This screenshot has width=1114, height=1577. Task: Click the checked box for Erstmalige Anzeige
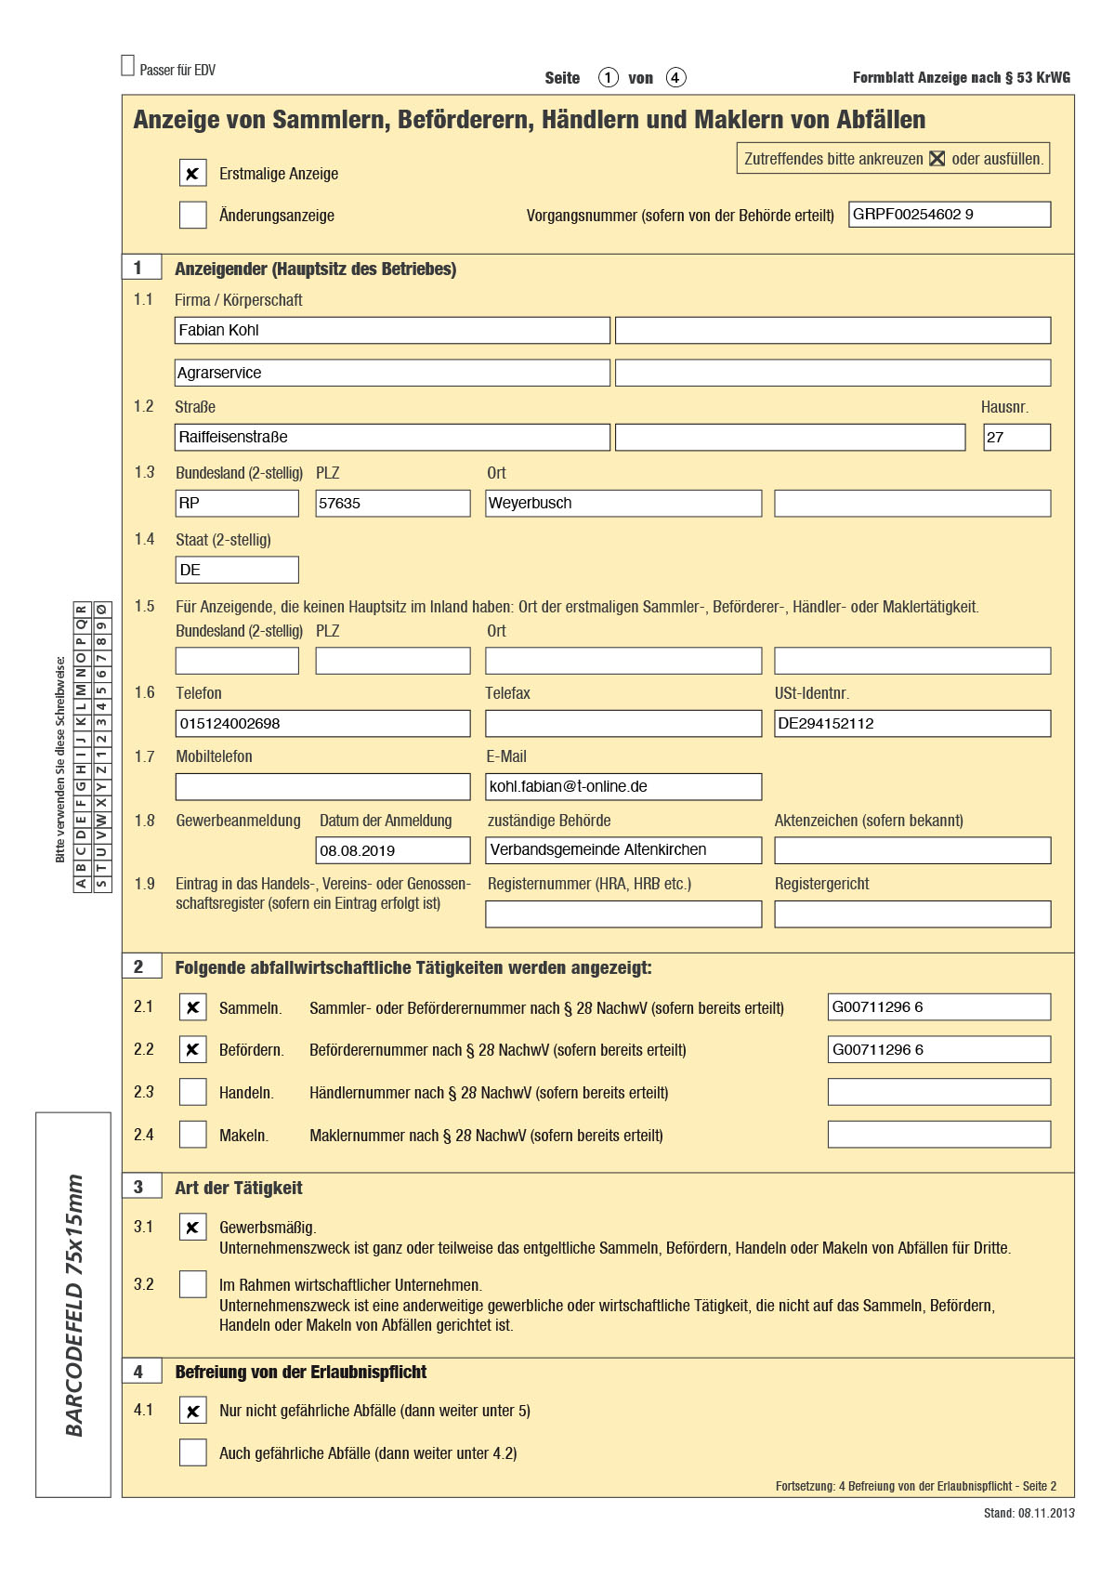192,174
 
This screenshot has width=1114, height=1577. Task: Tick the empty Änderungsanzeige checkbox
192,216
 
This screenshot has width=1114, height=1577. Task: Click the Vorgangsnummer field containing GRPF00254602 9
949,215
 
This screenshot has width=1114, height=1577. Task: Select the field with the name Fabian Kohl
392,331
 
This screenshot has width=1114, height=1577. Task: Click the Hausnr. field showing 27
1016,438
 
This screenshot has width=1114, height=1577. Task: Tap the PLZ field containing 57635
392,504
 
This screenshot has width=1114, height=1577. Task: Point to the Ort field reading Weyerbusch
623,504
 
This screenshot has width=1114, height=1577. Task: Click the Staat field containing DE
237,571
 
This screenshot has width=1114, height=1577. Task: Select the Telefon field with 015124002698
322,724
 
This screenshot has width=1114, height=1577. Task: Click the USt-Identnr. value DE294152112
911,724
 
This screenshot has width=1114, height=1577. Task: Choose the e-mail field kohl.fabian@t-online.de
623,787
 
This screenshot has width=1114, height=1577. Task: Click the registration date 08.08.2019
392,851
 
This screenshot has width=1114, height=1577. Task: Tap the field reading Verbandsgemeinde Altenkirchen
623,850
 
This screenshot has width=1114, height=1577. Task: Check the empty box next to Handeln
192,1092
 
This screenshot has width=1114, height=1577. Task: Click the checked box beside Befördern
192,1049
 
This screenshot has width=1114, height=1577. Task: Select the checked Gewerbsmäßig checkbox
192,1228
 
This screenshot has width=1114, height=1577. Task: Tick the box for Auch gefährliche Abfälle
192,1452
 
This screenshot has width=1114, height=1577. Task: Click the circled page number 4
676,78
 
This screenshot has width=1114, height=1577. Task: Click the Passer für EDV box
128,66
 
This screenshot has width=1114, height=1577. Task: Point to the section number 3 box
141,1187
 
